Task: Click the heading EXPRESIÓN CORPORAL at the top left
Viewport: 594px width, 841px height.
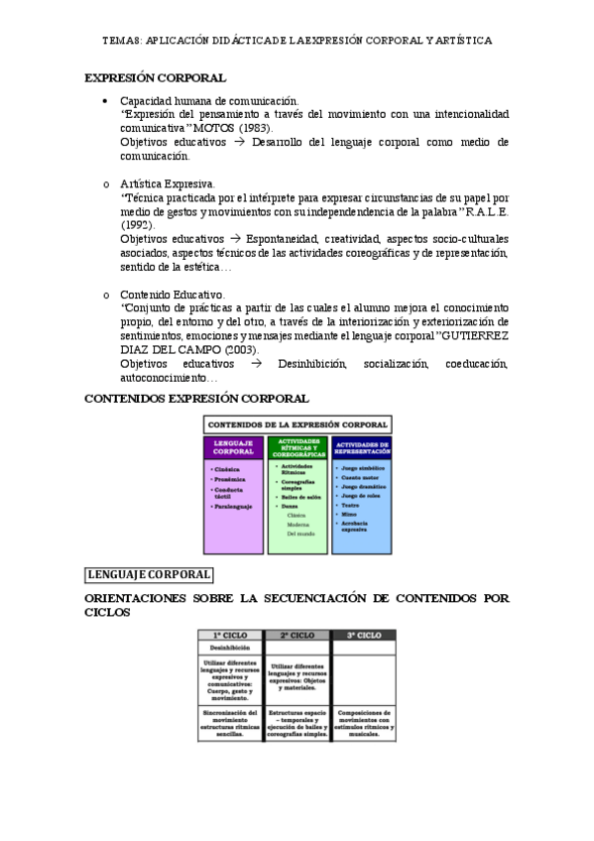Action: [155, 77]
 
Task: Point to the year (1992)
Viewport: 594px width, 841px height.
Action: [137, 225]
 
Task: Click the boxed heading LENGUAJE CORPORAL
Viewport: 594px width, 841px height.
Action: [149, 574]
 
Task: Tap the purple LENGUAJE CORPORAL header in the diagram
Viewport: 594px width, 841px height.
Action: [234, 447]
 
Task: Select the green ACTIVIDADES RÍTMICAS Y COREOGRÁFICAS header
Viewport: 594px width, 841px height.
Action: [297, 447]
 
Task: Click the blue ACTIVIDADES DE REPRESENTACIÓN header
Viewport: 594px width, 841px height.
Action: [361, 447]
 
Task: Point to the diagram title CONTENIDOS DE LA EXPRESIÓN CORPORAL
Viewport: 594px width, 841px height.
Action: [297, 424]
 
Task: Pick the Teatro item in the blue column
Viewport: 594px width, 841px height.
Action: [350, 504]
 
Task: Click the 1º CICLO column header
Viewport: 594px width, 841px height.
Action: [229, 635]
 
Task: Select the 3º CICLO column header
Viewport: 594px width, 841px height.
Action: [363, 635]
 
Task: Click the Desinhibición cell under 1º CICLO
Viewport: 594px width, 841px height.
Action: [229, 648]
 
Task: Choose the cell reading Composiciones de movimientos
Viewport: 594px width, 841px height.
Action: [363, 723]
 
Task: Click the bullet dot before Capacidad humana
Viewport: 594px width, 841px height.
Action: [105, 101]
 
